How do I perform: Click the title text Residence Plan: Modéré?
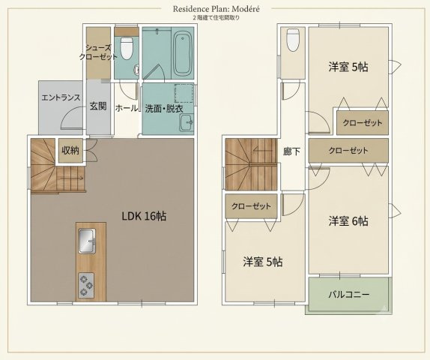(216, 9)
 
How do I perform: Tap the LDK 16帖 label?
(144, 216)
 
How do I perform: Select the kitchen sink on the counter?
(88, 241)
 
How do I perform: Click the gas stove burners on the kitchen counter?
(86, 285)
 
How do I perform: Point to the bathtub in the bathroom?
(183, 54)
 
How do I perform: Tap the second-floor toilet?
(293, 40)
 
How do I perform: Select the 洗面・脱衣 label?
(164, 109)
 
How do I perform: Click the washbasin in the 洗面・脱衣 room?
(187, 123)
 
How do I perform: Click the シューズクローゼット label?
(98, 52)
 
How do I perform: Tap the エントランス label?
(61, 97)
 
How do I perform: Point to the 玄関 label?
(98, 106)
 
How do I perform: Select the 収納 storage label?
(70, 150)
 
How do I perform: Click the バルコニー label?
(349, 295)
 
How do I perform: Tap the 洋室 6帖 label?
(348, 220)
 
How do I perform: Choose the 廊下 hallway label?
(292, 151)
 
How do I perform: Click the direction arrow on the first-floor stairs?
(72, 178)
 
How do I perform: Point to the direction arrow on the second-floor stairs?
(263, 150)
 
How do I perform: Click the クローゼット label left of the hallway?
(251, 206)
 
